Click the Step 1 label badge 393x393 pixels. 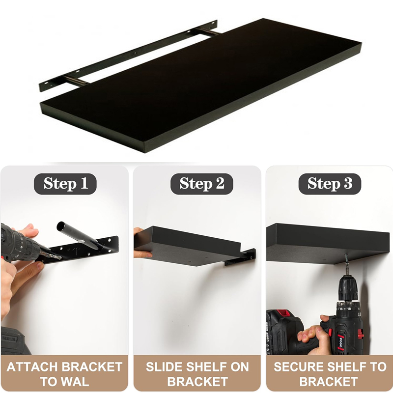pyautogui.click(x=65, y=184)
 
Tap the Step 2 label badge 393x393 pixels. pyautogui.click(x=201, y=184)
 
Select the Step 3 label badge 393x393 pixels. pyautogui.click(x=330, y=184)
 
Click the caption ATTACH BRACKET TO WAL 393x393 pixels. pyautogui.click(x=64, y=374)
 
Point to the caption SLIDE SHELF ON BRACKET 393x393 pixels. pyautogui.click(x=197, y=374)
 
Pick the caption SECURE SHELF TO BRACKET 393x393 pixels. pyautogui.click(x=330, y=374)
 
